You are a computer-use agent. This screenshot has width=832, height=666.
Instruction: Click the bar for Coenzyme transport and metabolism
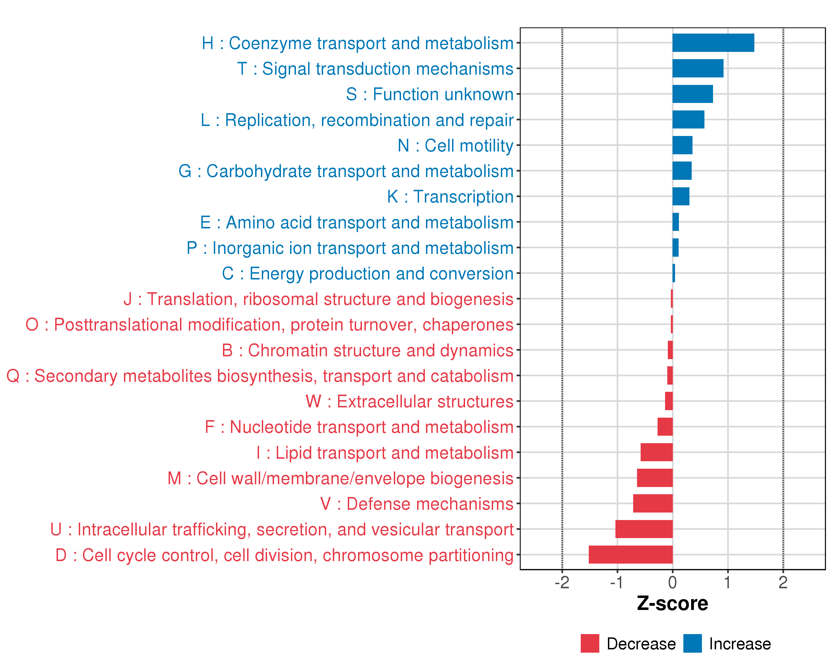(713, 43)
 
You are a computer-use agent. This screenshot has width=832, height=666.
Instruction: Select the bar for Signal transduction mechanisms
(698, 68)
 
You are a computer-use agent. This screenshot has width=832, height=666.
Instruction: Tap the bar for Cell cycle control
(631, 554)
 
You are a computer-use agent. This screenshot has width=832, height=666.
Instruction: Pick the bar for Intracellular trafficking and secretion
(644, 529)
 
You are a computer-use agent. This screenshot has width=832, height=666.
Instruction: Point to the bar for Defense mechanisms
(653, 503)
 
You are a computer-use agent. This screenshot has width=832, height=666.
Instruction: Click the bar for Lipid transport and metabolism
(656, 452)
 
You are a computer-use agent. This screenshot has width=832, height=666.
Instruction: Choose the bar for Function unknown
(692, 94)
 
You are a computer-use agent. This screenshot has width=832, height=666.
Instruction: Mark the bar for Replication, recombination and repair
(688, 120)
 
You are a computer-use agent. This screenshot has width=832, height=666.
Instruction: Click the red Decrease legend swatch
(590, 643)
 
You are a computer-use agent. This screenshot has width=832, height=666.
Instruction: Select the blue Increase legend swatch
(692, 643)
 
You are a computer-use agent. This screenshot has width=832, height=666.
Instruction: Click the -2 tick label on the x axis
(562, 582)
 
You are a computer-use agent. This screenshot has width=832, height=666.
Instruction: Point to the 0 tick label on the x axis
(672, 582)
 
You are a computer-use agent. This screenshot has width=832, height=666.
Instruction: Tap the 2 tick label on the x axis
(783, 582)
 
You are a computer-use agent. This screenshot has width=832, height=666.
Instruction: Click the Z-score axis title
(672, 604)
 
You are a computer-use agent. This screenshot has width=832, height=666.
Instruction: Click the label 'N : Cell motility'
(455, 146)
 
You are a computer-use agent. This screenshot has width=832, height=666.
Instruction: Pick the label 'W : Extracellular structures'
(409, 402)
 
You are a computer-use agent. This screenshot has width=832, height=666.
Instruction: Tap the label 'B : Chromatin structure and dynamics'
(367, 350)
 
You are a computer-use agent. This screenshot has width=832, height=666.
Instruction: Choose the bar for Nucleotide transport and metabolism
(665, 427)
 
